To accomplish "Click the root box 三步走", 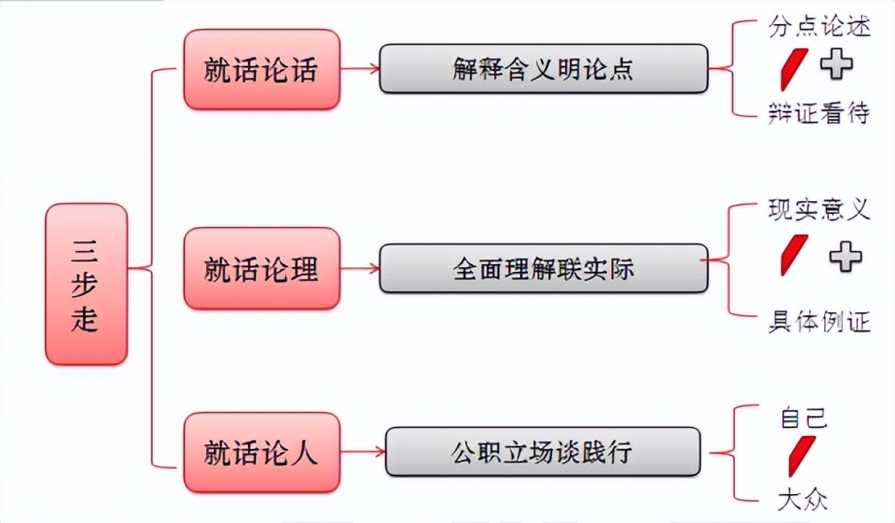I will [86, 284].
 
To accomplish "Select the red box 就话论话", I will [262, 69].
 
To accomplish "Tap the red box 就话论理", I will [262, 268].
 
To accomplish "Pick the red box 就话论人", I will [262, 452].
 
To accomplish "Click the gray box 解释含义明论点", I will [543, 68].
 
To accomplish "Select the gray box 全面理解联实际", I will [543, 268].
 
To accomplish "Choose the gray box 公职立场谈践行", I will [542, 451].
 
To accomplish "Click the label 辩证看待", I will [819, 113].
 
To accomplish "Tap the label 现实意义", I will [819, 210].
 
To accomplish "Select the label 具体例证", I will [819, 323].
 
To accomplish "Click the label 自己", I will [803, 418].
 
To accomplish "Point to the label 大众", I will [802, 500].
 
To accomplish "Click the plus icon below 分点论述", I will [837, 64].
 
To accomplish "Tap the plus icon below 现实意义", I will [845, 257].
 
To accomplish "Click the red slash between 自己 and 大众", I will [802, 456].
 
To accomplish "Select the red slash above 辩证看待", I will [794, 69].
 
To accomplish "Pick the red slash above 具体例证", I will [794, 255].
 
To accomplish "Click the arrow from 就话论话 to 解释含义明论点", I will [360, 68].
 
